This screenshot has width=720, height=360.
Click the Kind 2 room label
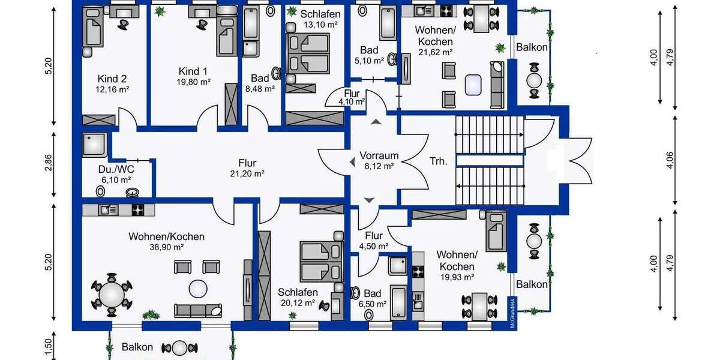(112, 79)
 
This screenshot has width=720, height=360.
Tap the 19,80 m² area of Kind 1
(193, 82)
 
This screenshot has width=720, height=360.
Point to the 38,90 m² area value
(166, 247)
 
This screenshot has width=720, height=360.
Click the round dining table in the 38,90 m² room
(112, 295)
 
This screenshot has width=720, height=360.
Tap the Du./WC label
(116, 169)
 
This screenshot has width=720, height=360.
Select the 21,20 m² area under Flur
(247, 173)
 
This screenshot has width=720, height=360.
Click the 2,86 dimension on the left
(49, 164)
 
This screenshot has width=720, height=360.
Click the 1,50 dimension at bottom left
(49, 347)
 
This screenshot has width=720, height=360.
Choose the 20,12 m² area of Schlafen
(298, 302)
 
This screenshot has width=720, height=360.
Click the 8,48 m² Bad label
(260, 78)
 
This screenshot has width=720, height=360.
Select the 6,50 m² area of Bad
(372, 304)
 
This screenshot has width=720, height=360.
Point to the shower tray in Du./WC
(95, 145)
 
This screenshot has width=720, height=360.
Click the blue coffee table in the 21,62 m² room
(474, 85)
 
